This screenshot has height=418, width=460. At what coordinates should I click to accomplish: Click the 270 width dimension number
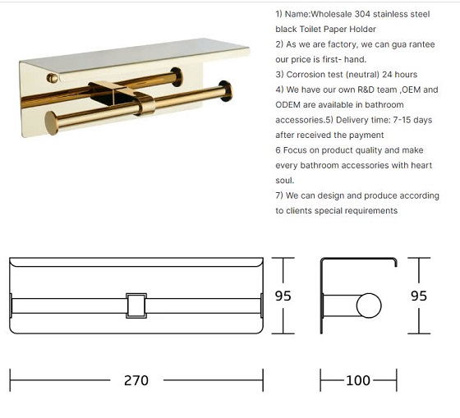136,380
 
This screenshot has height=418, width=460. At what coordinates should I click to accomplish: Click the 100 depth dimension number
358,380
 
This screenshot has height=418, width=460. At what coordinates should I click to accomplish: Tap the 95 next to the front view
283,296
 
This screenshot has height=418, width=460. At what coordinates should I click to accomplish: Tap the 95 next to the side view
419,296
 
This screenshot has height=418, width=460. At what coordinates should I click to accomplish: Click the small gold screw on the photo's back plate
53,78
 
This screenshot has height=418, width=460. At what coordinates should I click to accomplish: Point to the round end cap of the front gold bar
51,123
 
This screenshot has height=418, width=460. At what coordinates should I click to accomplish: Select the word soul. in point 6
284,181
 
